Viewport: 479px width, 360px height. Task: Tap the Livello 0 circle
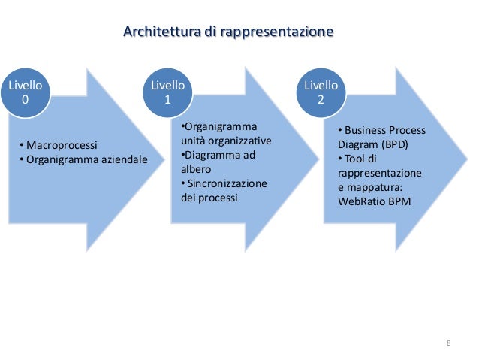point(25,94)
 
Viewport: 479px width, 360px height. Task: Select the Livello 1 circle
point(168,92)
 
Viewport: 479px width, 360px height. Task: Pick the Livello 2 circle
point(321,92)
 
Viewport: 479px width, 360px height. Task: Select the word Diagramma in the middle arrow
point(212,155)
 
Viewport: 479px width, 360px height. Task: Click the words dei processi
point(209,198)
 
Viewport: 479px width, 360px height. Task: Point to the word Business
point(366,129)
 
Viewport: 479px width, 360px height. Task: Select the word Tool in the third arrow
point(354,158)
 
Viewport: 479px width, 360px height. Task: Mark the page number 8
point(449,343)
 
